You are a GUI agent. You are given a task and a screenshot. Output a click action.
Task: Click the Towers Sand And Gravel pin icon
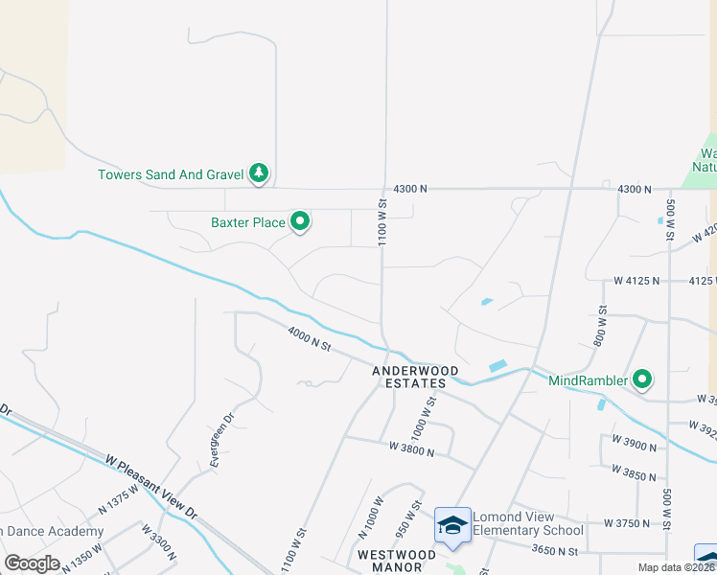pyautogui.click(x=259, y=173)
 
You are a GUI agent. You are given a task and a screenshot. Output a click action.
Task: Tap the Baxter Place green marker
pyautogui.click(x=300, y=222)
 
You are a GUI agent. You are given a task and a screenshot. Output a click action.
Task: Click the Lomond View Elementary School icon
pyautogui.click(x=452, y=526)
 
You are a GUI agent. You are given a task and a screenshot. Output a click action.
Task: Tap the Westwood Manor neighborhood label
pyautogui.click(x=397, y=561)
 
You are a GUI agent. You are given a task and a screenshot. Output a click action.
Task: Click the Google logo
pyautogui.click(x=33, y=563)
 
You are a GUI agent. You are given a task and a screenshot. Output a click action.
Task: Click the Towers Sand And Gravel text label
pyautogui.click(x=171, y=174)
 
